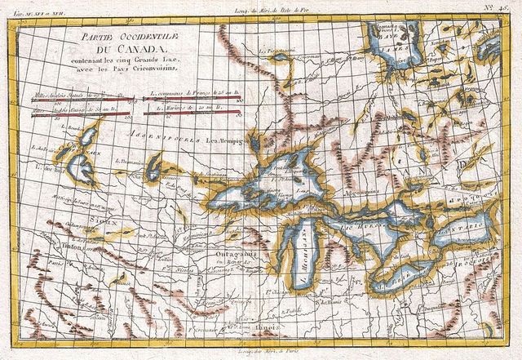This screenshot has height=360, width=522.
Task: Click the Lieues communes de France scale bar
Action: tap(193, 99)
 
